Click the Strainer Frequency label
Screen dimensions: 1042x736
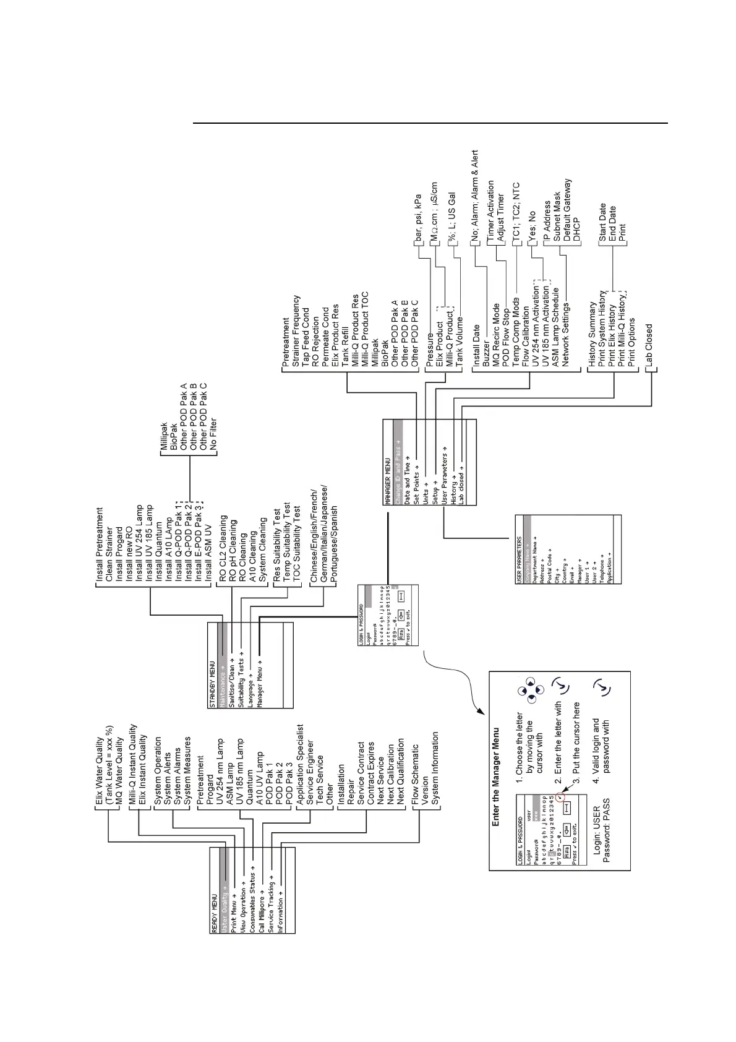tap(296, 331)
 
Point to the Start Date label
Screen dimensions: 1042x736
tap(602, 223)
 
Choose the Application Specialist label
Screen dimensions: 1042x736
tap(300, 764)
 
